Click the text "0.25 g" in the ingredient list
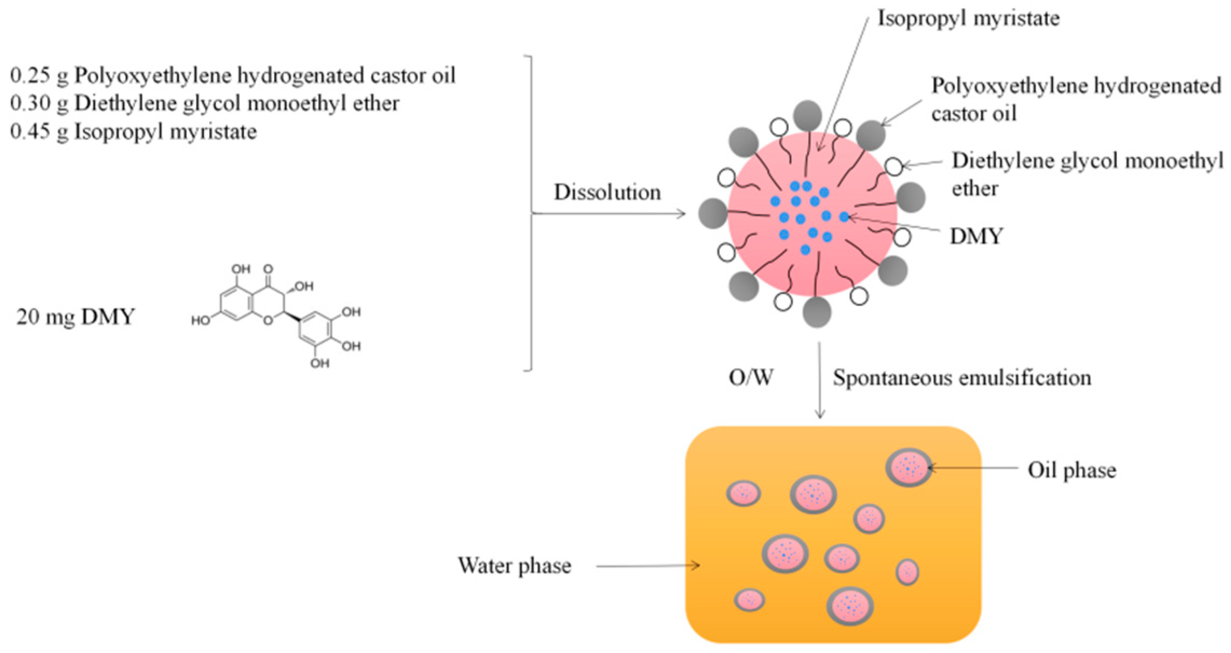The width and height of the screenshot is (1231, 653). point(39,75)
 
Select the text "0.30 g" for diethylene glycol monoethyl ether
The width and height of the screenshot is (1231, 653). point(39,104)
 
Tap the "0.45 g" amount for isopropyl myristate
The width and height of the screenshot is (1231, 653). point(39,132)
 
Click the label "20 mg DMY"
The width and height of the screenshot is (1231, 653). point(75,317)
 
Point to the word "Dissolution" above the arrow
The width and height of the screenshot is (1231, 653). point(607,193)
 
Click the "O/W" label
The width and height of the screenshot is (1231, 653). point(750,377)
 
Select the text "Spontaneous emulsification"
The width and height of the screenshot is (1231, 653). point(961,377)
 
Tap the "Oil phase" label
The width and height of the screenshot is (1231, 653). point(1071,470)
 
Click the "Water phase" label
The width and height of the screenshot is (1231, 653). point(514,566)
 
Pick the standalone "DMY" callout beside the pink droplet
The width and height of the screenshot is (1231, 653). point(976,236)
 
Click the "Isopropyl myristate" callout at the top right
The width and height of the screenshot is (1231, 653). point(968,18)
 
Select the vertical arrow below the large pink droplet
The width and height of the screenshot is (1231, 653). point(819,380)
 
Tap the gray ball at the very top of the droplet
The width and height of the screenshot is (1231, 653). point(808,115)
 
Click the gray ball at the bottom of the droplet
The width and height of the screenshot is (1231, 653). point(817,312)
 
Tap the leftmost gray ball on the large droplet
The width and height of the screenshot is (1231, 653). point(713,213)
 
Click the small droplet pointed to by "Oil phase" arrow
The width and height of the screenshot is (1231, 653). point(908,467)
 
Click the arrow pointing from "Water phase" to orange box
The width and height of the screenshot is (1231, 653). point(647,566)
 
